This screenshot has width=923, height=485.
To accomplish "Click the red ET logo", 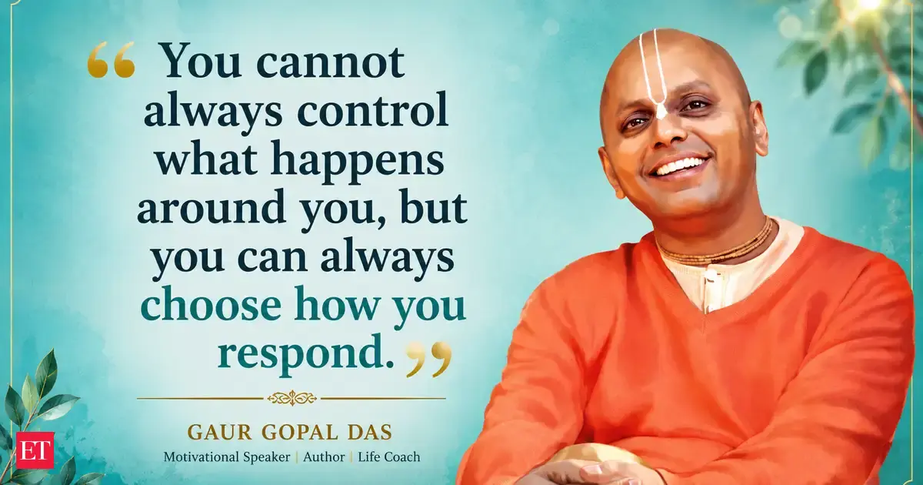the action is point(35,450).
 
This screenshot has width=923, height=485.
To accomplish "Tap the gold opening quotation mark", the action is point(112,59).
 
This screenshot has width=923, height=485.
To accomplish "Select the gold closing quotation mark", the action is point(428,359).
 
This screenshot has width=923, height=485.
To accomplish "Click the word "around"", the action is point(211,206).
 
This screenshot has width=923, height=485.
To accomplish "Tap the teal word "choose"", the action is point(211,305).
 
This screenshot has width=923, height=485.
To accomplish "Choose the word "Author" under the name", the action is point(324,457).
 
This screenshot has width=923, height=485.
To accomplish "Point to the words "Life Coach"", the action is point(389,457).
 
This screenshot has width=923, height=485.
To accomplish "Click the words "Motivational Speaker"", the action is point(227,457).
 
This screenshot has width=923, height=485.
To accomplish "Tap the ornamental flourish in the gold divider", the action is point(292,399).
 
